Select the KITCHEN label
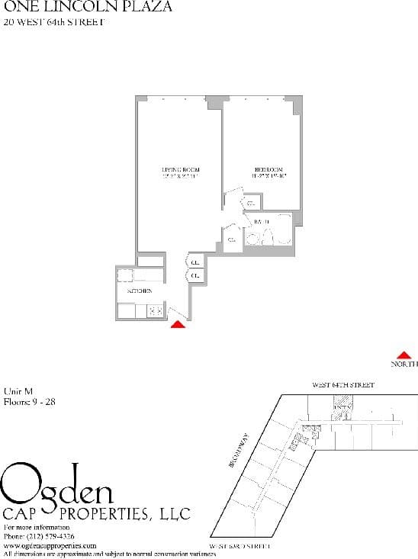point(138,291)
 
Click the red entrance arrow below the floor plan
point(178,324)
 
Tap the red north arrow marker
point(404,354)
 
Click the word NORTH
point(404,365)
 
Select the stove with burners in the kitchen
point(156,310)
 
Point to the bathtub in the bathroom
point(283,229)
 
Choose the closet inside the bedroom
point(251,203)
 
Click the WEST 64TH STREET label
point(342,386)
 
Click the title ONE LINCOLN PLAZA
point(88,7)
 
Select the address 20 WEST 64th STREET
point(53,21)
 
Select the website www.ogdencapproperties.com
point(50,546)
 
